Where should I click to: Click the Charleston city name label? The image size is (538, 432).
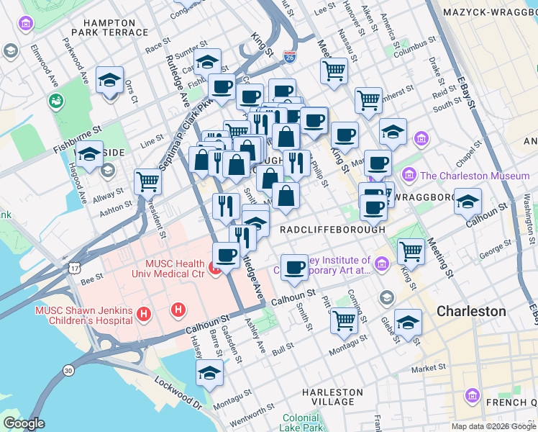tap(472, 311)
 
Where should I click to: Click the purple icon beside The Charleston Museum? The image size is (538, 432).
tap(409, 175)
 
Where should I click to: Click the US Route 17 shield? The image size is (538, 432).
tap(75, 267)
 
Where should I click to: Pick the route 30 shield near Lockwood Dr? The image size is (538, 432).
tap(68, 370)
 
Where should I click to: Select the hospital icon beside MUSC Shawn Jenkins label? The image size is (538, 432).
tap(144, 314)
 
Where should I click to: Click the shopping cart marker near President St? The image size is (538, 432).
tap(147, 181)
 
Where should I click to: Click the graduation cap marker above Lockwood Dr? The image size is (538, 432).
tap(209, 372)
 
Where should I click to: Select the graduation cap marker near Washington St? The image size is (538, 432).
tap(468, 201)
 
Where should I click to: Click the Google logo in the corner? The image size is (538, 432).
tap(24, 423)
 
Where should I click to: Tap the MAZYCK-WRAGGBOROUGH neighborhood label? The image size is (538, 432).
tap(490, 12)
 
